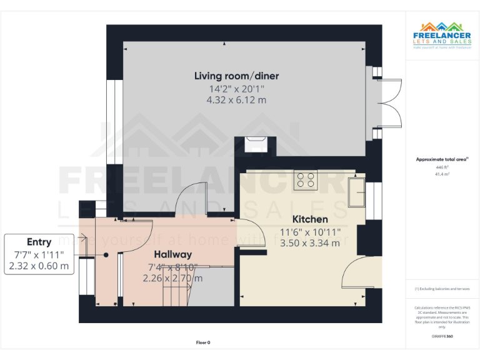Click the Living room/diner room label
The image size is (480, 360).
pyautogui.click(x=236, y=76)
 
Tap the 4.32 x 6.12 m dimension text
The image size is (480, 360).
pyautogui.click(x=236, y=99)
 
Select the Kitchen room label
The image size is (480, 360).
pyautogui.click(x=310, y=219)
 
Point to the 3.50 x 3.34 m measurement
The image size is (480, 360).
pyautogui.click(x=310, y=243)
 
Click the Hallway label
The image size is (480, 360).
pyautogui.click(x=172, y=254)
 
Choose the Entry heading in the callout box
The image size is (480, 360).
pyautogui.click(x=39, y=242)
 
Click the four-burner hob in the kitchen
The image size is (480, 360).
pyautogui.click(x=306, y=179)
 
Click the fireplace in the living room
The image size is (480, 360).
pyautogui.click(x=256, y=144)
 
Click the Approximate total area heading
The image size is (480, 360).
pyautogui.click(x=442, y=160)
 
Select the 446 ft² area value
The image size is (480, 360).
pyautogui.click(x=442, y=167)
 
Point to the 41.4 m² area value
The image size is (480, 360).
pyautogui.click(x=442, y=174)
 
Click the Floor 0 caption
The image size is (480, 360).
pyautogui.click(x=203, y=342)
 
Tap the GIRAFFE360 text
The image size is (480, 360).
pyautogui.click(x=442, y=336)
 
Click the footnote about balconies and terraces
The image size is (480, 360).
pyautogui.click(x=442, y=289)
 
